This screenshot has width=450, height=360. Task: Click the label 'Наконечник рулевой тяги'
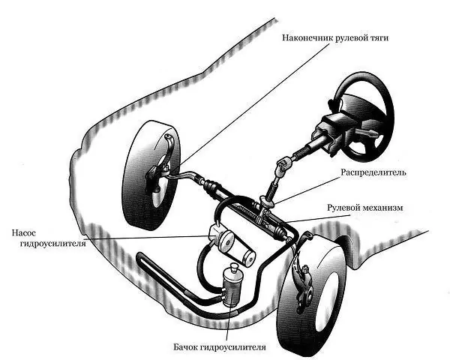coord(335,38)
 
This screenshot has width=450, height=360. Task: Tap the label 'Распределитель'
coord(373,172)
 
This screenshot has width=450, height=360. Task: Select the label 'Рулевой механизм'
coord(365,208)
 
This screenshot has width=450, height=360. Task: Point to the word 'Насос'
coord(24,232)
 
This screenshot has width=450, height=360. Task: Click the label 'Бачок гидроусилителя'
coord(220,347)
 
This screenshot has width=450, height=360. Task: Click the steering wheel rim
coord(389,115)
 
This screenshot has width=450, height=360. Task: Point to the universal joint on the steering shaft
coord(283,166)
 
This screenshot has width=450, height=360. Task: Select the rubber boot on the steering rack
coord(210,186)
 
